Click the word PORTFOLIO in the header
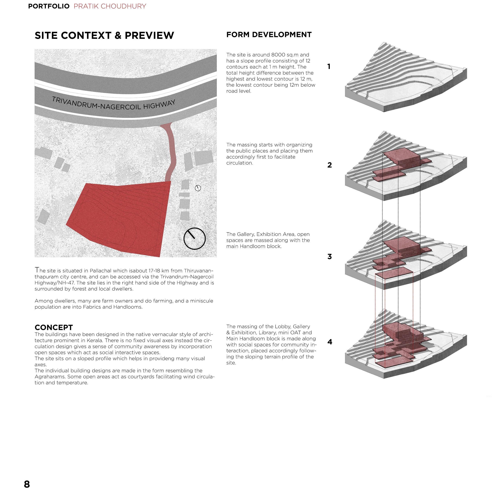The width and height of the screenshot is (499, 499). pos(48,6)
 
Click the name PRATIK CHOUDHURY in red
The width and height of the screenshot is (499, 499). pos(110,6)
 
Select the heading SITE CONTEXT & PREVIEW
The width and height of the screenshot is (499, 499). pos(104,35)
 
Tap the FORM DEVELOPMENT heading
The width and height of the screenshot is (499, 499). pos(269,35)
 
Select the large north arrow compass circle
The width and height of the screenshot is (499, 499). pos(194,238)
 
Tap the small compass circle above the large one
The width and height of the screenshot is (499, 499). pos(198,188)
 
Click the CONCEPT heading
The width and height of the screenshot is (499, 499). pos(54,327)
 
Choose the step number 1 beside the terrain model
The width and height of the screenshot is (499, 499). pos(329,67)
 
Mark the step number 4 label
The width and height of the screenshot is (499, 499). pos(330,342)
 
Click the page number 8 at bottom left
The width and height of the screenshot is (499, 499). pos(27,484)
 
